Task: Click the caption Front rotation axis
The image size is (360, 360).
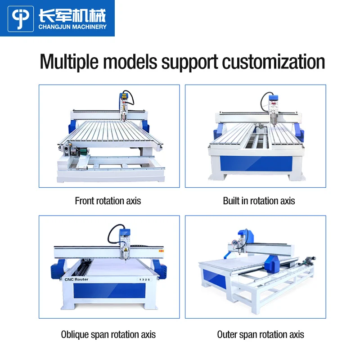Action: tap(108, 201)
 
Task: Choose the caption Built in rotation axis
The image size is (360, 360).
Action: tap(259, 201)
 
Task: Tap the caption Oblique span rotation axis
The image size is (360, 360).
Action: tap(108, 334)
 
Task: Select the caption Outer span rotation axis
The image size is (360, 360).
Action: tap(261, 334)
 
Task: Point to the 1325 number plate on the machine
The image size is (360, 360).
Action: tap(144, 279)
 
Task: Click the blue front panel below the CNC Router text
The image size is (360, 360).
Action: tap(109, 292)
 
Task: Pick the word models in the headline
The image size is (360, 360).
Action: tap(130, 61)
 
